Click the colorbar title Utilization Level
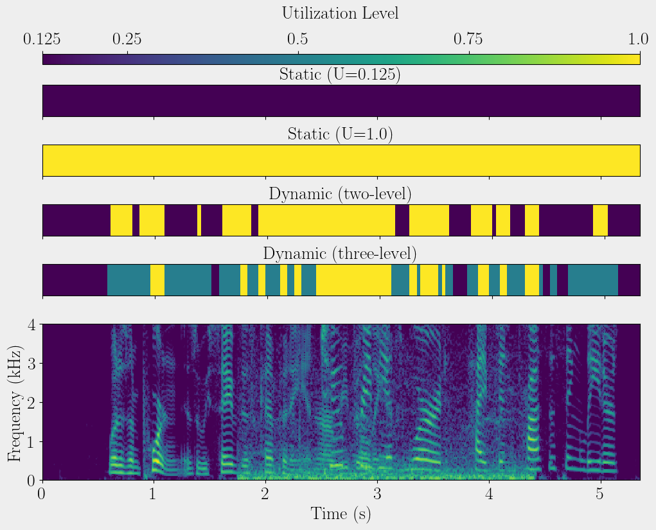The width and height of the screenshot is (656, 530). (340, 13)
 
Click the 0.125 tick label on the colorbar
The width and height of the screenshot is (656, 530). (42, 40)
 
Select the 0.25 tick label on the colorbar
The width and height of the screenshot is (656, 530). (127, 40)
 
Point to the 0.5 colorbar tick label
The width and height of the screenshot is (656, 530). (297, 40)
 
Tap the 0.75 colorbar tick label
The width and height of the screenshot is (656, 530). (468, 40)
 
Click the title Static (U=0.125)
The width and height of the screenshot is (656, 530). (340, 75)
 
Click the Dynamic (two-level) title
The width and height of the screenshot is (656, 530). (340, 193)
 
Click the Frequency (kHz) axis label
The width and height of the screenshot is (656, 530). (15, 402)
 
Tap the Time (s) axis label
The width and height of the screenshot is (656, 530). (341, 513)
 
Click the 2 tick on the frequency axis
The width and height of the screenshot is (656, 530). (30, 402)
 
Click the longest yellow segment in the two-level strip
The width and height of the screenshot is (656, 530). (326, 220)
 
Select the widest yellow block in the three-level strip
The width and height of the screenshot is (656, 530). (353, 279)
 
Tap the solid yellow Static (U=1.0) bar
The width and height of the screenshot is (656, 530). (341, 161)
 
